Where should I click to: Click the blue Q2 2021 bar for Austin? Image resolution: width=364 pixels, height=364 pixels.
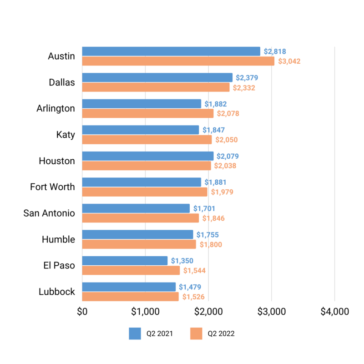(171, 51)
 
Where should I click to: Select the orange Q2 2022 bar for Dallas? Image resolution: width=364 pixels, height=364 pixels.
(156, 87)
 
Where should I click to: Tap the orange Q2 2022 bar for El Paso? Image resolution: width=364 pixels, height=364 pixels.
(131, 271)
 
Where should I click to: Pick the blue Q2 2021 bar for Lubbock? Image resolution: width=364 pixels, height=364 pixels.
(129, 287)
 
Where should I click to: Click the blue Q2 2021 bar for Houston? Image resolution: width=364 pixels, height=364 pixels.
(148, 156)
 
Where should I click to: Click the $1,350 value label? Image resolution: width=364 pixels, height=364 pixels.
(182, 261)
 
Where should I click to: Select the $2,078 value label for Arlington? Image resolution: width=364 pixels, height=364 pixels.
(228, 114)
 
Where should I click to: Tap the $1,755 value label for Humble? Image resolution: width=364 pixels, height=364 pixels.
(207, 235)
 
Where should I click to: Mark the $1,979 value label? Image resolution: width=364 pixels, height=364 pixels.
(222, 192)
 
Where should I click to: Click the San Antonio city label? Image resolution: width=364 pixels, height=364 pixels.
(49, 213)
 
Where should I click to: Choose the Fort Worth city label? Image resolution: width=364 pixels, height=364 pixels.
(52, 187)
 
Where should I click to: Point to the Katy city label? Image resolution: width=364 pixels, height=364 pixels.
(66, 134)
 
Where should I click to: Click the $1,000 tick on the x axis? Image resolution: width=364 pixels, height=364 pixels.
(145, 312)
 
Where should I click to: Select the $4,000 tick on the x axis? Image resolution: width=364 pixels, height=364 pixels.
(334, 312)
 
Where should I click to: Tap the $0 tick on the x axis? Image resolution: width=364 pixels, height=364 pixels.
(82, 312)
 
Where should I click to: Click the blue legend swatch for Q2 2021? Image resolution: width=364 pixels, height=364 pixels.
(135, 334)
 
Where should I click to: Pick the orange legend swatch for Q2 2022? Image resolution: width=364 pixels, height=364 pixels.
(197, 334)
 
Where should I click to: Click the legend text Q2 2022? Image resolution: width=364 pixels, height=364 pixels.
(221, 334)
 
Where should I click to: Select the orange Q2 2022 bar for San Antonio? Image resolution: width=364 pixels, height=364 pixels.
(141, 218)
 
